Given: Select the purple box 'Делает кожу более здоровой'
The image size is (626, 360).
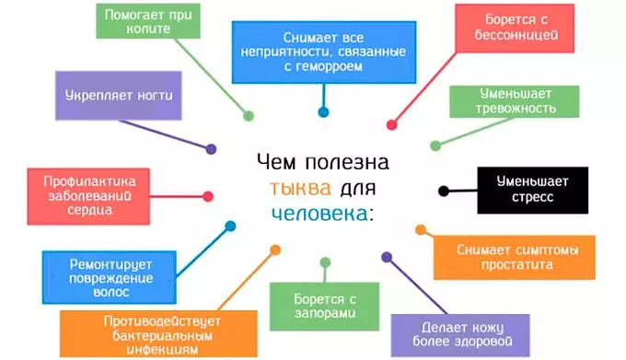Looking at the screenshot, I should [460, 333].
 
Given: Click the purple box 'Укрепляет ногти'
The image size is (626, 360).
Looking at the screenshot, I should [119, 95].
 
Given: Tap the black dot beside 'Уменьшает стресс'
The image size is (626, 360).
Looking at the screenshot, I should [444, 192].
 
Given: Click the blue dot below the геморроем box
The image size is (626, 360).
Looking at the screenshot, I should [323, 113].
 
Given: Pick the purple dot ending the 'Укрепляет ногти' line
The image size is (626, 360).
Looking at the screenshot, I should [211, 148].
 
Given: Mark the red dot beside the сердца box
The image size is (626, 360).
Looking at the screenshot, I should [208, 195].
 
